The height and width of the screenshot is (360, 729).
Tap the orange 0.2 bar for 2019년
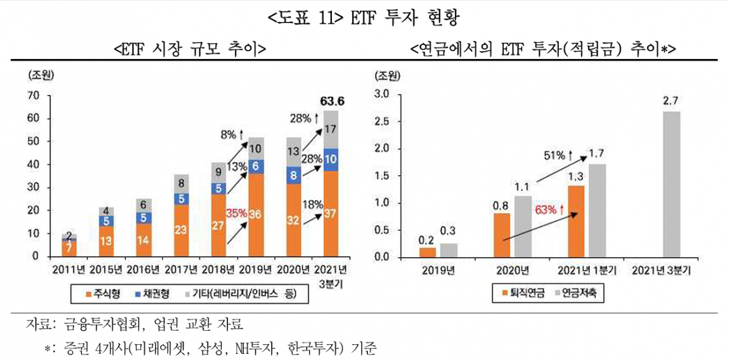[x=428, y=252]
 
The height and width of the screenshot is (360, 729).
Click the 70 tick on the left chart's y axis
[x=35, y=95]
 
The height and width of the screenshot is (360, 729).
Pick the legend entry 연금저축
[x=577, y=294]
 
